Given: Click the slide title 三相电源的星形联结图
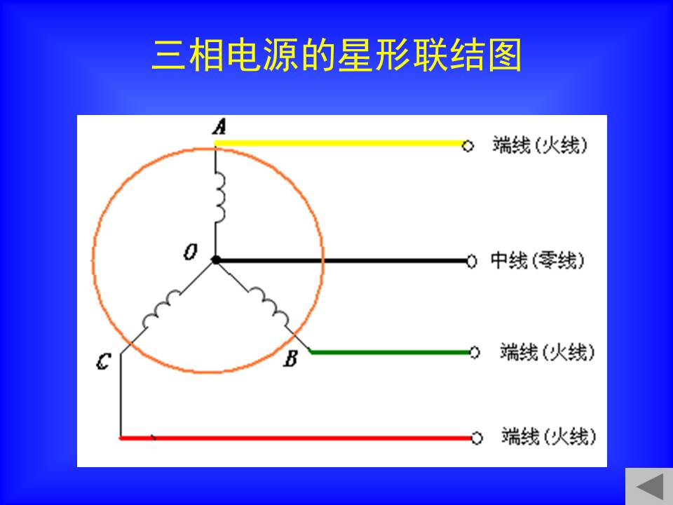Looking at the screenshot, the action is click(x=336, y=55).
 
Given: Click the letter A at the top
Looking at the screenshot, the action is click(x=219, y=127).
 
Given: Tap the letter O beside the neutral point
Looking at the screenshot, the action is click(x=191, y=252).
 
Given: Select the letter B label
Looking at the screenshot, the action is click(x=290, y=358).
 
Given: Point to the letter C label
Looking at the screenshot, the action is click(x=104, y=362).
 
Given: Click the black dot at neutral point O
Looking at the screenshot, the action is click(x=216, y=260).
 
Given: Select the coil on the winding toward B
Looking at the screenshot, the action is click(x=269, y=307).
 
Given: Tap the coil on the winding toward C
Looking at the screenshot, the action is click(x=162, y=309).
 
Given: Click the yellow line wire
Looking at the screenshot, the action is click(x=339, y=143).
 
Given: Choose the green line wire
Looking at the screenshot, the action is click(x=390, y=353).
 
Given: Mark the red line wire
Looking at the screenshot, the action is click(x=295, y=438).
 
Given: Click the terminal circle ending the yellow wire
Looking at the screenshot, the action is click(x=468, y=146).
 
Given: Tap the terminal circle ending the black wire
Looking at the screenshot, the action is click(x=471, y=261).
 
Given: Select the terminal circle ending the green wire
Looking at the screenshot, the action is click(x=475, y=353).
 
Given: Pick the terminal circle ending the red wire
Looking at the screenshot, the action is click(x=477, y=438).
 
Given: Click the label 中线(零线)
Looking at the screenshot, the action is click(x=538, y=260).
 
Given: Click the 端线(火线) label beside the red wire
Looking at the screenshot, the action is click(x=549, y=436).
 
